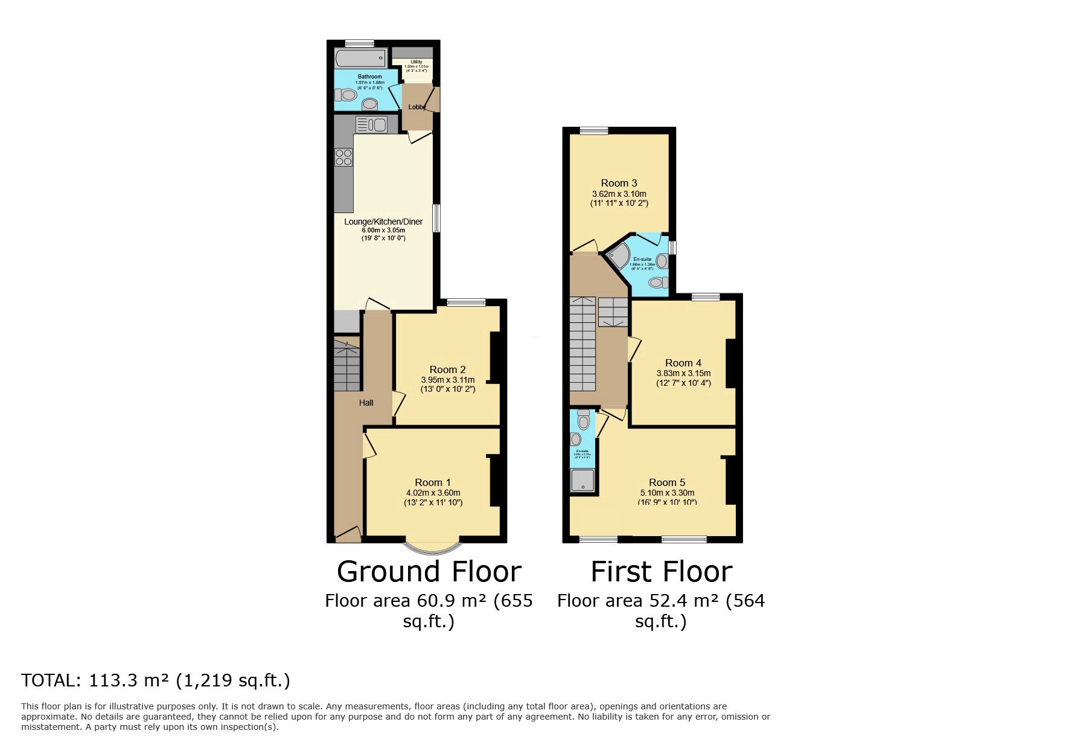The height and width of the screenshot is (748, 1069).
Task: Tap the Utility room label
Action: point(416,62)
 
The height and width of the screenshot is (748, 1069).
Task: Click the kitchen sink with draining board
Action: point(371,125)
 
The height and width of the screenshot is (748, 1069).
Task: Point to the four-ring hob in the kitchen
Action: point(344,157)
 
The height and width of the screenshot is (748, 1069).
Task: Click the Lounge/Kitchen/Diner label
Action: point(383,222)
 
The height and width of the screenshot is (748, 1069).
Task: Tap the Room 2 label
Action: point(447,369)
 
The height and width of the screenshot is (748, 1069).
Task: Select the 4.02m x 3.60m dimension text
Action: point(433,493)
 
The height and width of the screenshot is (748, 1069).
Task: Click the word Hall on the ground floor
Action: point(366,403)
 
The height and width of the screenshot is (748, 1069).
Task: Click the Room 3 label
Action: point(619,183)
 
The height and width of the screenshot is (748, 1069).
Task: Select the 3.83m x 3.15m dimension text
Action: point(683,373)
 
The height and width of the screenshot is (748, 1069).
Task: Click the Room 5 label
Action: point(667,482)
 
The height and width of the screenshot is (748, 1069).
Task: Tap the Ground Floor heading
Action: point(429,571)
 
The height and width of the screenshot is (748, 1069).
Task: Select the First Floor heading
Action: point(661,571)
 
